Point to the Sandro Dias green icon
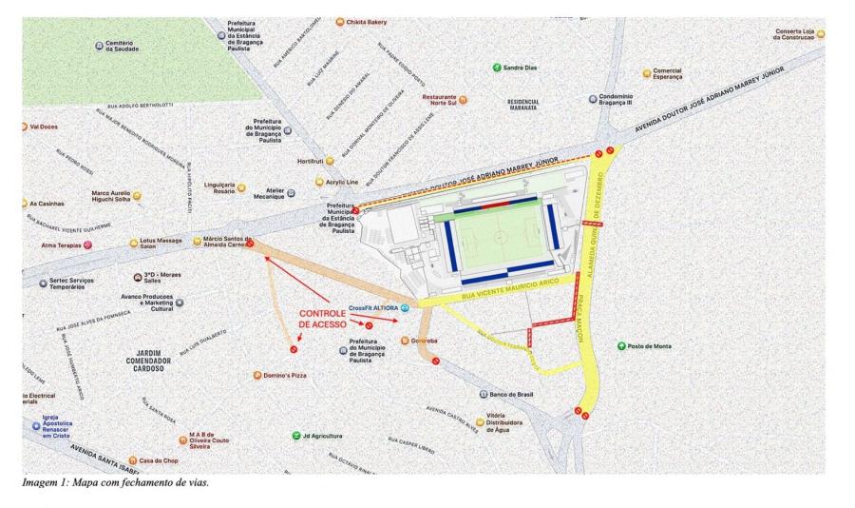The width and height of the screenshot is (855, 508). (497, 67)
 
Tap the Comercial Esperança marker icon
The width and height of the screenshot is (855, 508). (646, 72)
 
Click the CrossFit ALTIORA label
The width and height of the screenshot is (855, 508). (372, 308)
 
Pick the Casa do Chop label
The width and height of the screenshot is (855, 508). (159, 460)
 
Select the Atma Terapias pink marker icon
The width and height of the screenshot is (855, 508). (88, 244)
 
